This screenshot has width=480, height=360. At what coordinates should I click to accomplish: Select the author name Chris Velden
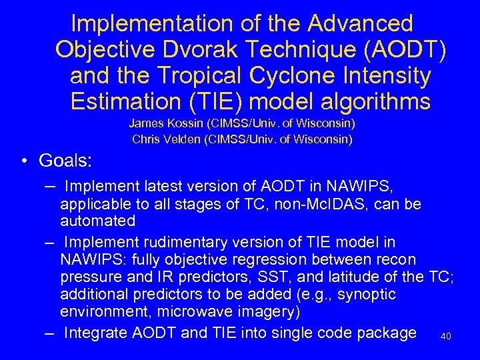(x=161, y=139)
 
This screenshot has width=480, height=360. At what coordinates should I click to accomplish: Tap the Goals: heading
(x=66, y=161)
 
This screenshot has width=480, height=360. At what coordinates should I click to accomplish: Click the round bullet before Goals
(x=23, y=163)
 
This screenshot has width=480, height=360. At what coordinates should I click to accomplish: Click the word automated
(x=98, y=220)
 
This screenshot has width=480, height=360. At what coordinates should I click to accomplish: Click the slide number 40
(x=446, y=337)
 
